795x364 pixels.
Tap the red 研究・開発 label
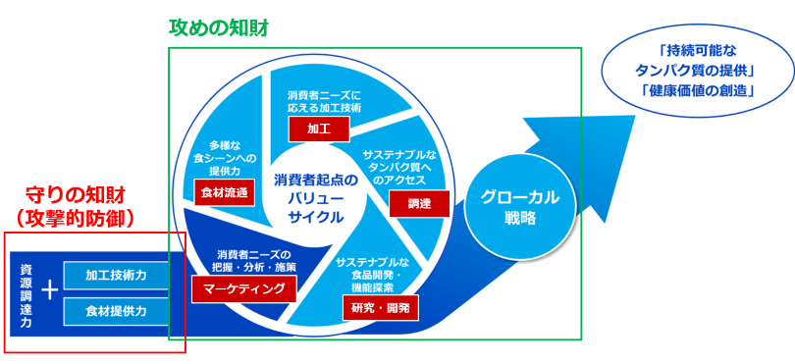pyautogui.click(x=379, y=308)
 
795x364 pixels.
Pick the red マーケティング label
pyautogui.click(x=244, y=287)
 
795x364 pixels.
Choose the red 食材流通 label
pyautogui.click(x=225, y=191)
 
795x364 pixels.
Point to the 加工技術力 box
pyautogui.click(x=116, y=275)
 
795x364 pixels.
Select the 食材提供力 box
pyautogui.click(x=116, y=311)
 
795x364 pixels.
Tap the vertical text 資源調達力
pyautogui.click(x=25, y=292)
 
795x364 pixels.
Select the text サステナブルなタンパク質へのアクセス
pyautogui.click(x=399, y=167)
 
